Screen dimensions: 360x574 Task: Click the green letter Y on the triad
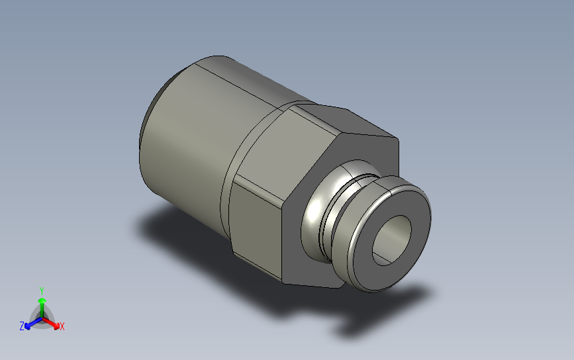(x=41, y=291)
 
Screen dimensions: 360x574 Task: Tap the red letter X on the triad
(x=62, y=326)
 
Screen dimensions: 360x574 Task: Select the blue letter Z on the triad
(x=22, y=326)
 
